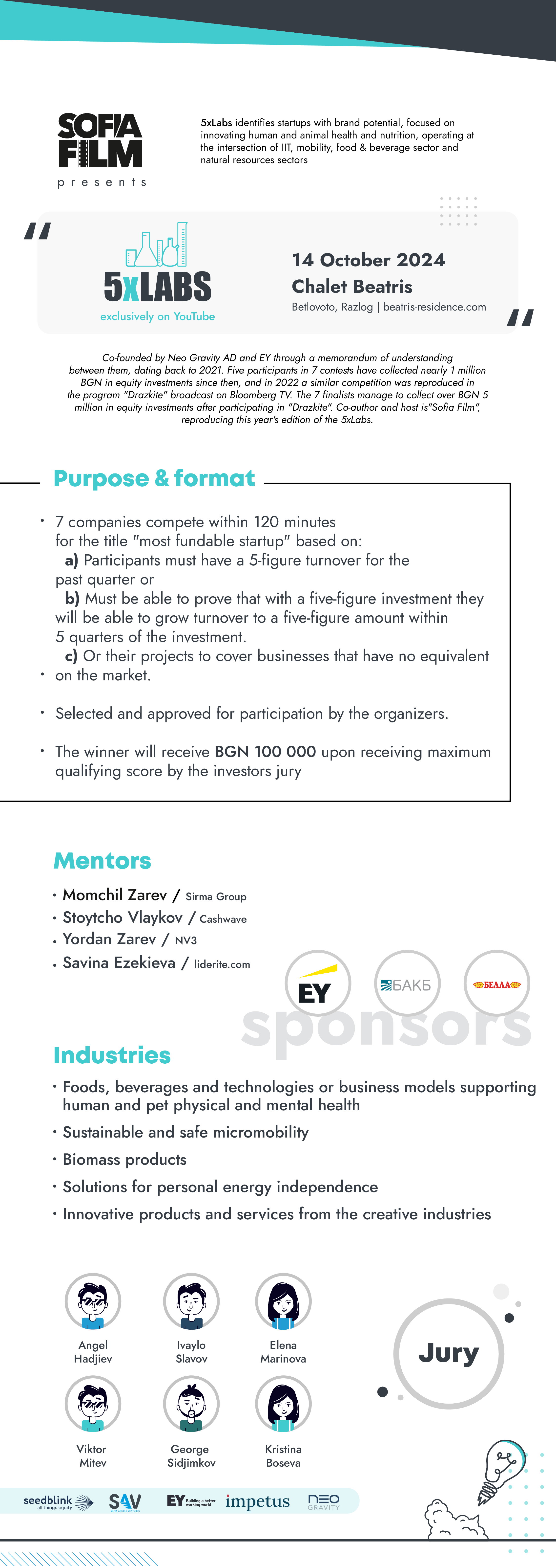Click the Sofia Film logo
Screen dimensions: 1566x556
click(x=100, y=141)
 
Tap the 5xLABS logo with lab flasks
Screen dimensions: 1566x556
click(x=157, y=268)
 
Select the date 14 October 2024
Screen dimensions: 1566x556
click(x=368, y=260)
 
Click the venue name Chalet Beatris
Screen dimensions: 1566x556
click(x=352, y=286)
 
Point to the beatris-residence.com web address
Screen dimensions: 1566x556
click(x=434, y=307)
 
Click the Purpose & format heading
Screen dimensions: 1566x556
click(x=154, y=478)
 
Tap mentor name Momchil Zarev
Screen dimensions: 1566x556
click(x=115, y=895)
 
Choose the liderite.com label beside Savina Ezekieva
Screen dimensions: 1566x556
click(x=222, y=964)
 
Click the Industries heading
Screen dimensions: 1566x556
click(x=112, y=1055)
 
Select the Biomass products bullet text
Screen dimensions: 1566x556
click(x=124, y=1159)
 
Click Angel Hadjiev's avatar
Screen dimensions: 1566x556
click(x=93, y=1301)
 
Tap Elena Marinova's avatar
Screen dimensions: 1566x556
click(x=283, y=1301)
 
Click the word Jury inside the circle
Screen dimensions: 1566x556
click(x=449, y=1353)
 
